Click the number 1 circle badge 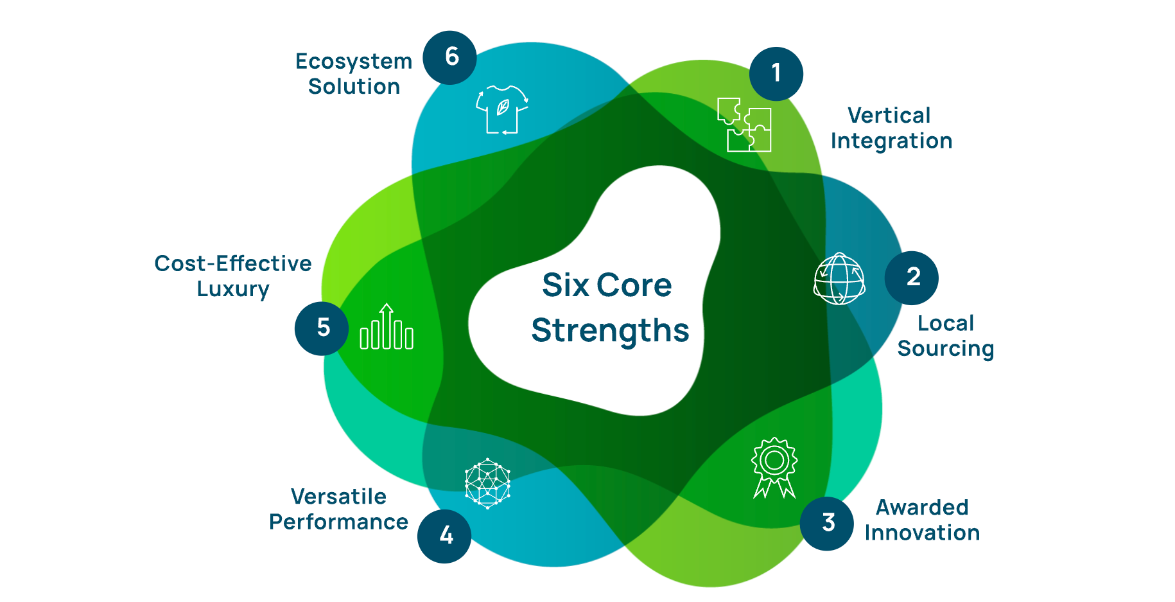776,74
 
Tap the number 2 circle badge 911,278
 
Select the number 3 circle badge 826,523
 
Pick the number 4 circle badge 444,536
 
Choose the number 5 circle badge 322,328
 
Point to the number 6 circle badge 449,57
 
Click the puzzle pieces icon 744,125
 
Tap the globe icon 839,279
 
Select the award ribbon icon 774,468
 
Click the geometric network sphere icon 488,483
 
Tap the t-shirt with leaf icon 502,109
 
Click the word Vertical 889,116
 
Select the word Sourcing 945,349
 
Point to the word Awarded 922,508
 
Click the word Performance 338,522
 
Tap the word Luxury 233,289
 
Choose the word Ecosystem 354,61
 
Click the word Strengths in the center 610,331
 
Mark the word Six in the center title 565,285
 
